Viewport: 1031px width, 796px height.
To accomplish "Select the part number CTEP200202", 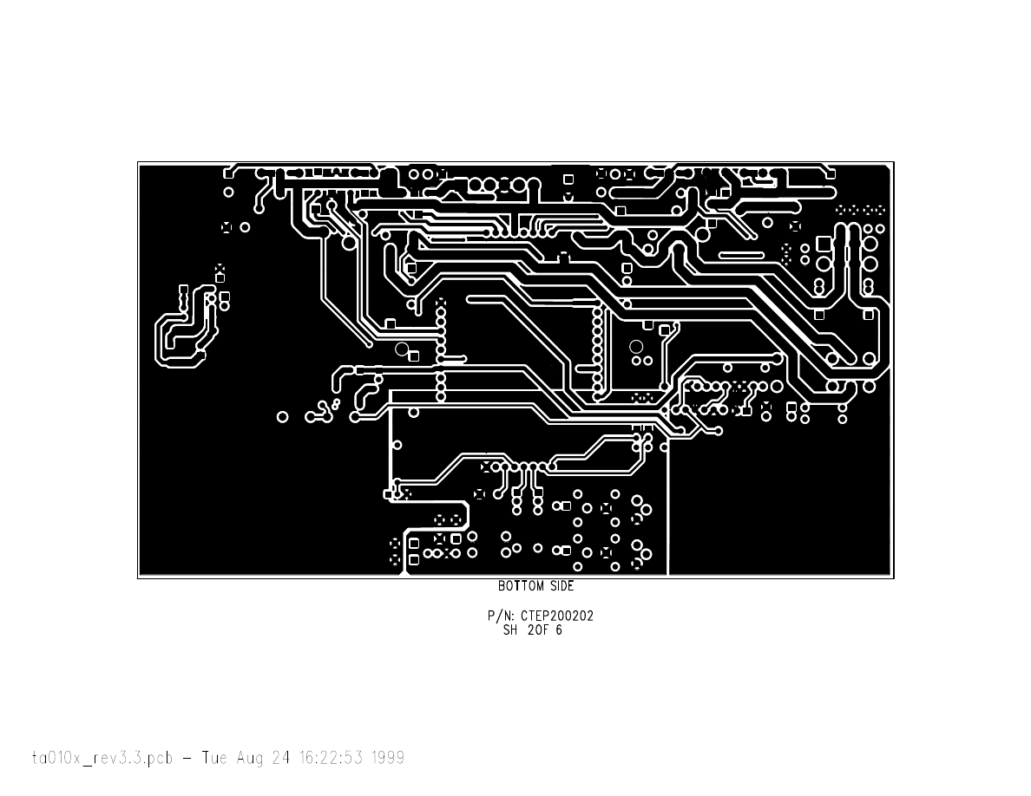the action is pos(557,616).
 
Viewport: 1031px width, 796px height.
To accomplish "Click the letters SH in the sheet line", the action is pos(510,630).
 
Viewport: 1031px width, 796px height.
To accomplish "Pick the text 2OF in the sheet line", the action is pos(539,630).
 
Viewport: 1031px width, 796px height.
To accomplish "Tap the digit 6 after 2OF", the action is pos(559,630).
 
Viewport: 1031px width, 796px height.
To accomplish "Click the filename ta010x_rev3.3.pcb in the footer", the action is pos(102,758).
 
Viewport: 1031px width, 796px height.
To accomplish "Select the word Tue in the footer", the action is pos(214,758).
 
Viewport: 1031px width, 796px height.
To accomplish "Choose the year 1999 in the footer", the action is pos(388,758).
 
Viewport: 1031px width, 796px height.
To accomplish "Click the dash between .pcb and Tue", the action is pos(187,759).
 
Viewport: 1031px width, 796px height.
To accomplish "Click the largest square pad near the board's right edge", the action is pos(824,245).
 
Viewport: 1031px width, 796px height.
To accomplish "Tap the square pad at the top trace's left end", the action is pos(229,173).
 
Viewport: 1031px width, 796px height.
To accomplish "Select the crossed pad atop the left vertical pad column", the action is pos(441,303).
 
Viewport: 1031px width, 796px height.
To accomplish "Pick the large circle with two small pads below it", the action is pos(636,347).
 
